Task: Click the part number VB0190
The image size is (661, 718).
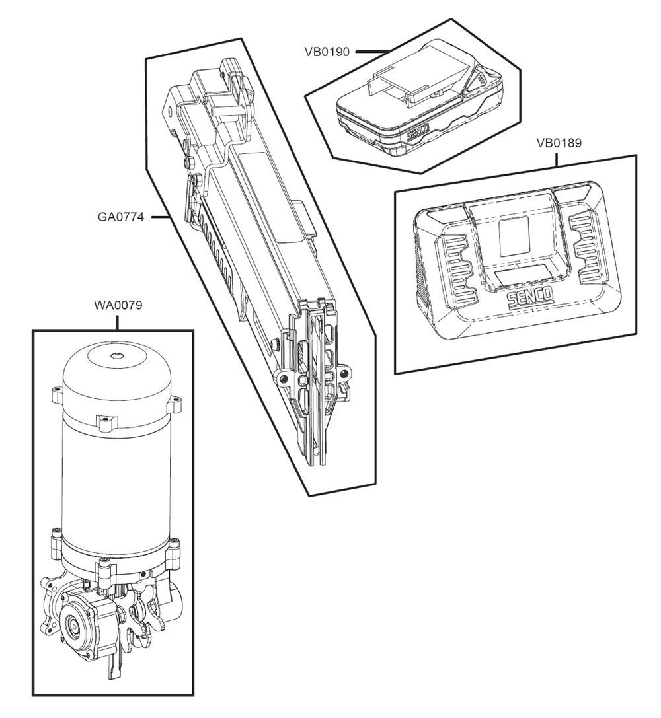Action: coord(327,52)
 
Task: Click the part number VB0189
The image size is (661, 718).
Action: coord(559,143)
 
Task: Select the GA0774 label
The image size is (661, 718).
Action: coord(121,217)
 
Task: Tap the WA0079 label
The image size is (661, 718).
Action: coord(118,306)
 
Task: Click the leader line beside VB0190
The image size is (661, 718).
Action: coord(370,52)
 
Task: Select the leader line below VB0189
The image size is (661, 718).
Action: coord(557,158)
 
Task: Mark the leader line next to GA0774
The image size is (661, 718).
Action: coord(161,217)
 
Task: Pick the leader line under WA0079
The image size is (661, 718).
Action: coord(118,322)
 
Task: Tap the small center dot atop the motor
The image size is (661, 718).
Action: coord(116,355)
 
